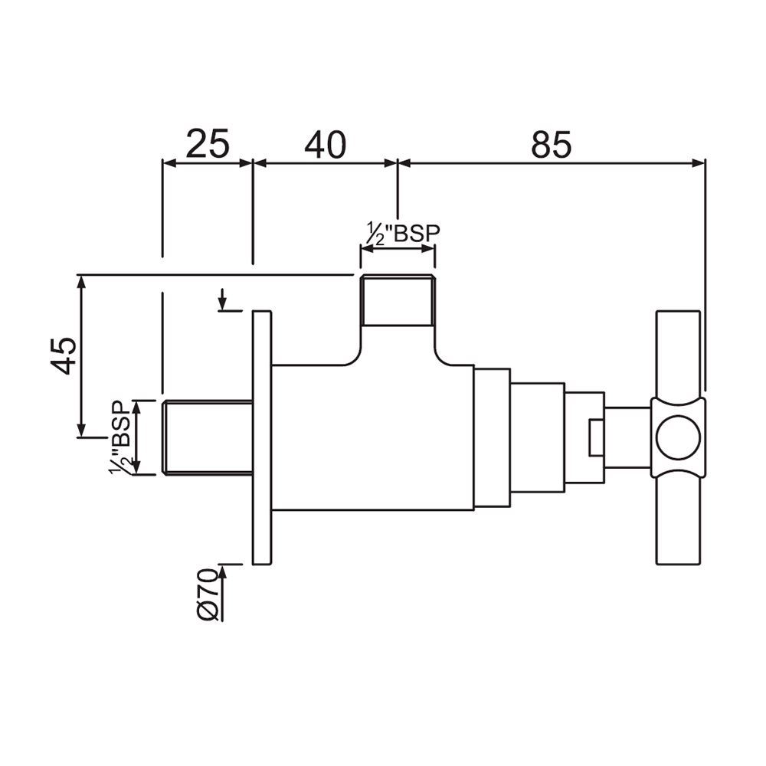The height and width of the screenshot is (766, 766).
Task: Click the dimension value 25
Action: pyautogui.click(x=208, y=143)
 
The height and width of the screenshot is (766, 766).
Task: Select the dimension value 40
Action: pyautogui.click(x=326, y=143)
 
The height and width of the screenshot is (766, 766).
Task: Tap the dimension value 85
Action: pyautogui.click(x=552, y=143)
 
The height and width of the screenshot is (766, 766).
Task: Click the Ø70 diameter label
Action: pyautogui.click(x=209, y=594)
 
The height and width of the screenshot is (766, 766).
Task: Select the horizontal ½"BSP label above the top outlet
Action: pyautogui.click(x=398, y=232)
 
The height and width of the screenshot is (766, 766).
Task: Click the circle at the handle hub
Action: pyautogui.click(x=678, y=437)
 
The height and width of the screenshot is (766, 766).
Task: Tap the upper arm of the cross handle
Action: pyautogui.click(x=678, y=352)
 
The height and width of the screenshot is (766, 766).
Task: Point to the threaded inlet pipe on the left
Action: pyautogui.click(x=207, y=437)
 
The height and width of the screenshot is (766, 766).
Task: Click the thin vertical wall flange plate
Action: pyautogui.click(x=262, y=438)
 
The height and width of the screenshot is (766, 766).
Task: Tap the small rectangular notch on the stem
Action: pyautogui.click(x=597, y=437)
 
